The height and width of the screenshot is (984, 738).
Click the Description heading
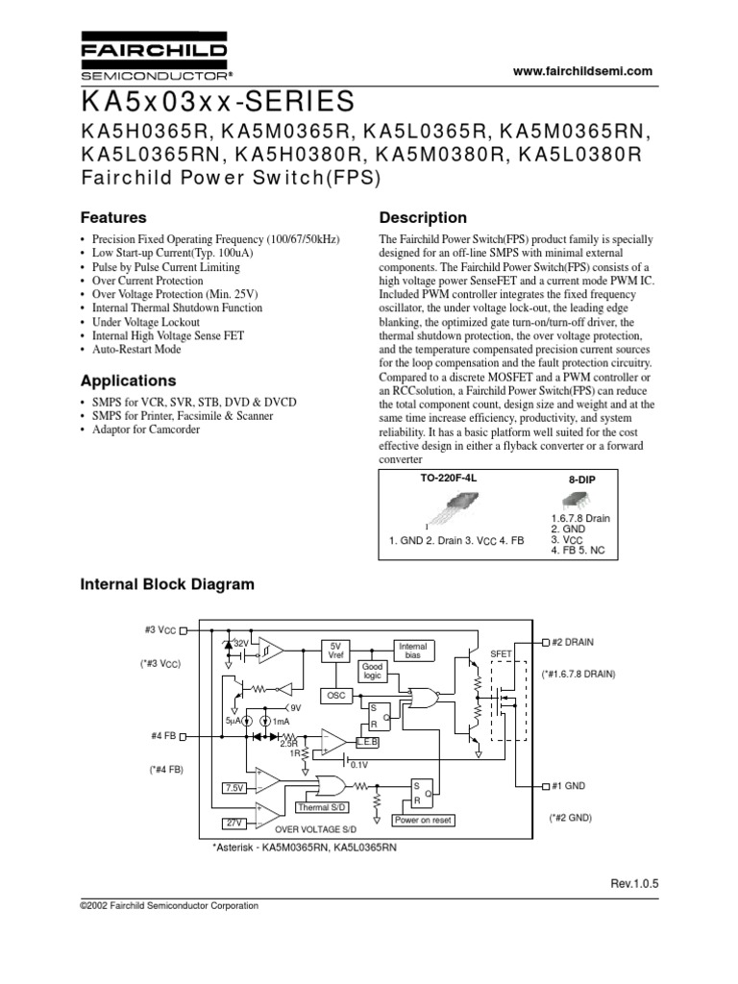pyautogui.click(x=423, y=217)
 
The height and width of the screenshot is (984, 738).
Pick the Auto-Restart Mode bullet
pyautogui.click(x=135, y=350)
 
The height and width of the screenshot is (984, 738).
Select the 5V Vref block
pyautogui.click(x=335, y=650)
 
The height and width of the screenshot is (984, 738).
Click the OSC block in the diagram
pyautogui.click(x=335, y=695)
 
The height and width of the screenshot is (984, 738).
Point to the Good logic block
pyautogui.click(x=372, y=670)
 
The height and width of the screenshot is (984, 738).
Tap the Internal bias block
pyautogui.click(x=412, y=651)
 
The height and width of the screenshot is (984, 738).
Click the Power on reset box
pyautogui.click(x=423, y=820)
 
